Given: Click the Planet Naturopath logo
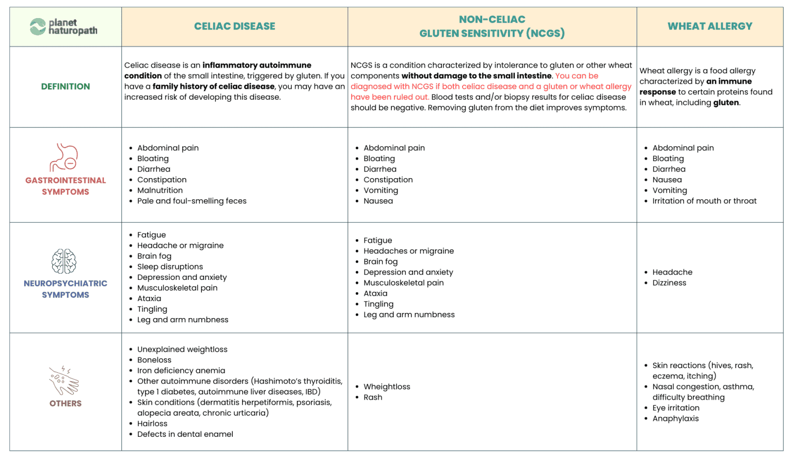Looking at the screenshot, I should click(x=64, y=26).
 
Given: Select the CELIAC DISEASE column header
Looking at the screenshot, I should click(x=234, y=26).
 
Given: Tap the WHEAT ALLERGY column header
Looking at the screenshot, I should click(x=709, y=26).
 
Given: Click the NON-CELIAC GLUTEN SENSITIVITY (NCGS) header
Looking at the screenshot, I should click(x=491, y=26).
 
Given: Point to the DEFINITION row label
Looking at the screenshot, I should click(x=66, y=87).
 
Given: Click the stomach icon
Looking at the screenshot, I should click(x=64, y=157).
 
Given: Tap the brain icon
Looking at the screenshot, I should click(x=64, y=261).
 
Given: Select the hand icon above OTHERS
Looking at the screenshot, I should click(x=64, y=381).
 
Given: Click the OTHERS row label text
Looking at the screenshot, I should click(x=66, y=404).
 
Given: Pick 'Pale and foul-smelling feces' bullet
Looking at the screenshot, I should click(x=192, y=201).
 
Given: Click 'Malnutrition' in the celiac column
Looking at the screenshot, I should click(x=160, y=191).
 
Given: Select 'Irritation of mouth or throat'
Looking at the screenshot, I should click(x=704, y=201).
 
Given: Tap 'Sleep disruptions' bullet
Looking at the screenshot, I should click(x=170, y=267).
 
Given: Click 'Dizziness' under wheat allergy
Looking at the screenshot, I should click(x=669, y=283).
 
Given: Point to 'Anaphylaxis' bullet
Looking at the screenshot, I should click(x=675, y=419).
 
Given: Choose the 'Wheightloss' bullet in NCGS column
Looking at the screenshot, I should click(x=387, y=387).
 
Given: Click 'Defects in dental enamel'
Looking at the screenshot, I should click(x=185, y=434).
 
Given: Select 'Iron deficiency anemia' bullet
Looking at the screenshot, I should click(x=181, y=371).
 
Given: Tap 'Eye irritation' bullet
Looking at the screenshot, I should click(x=676, y=408).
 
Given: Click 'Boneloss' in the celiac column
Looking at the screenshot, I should click(x=154, y=360).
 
